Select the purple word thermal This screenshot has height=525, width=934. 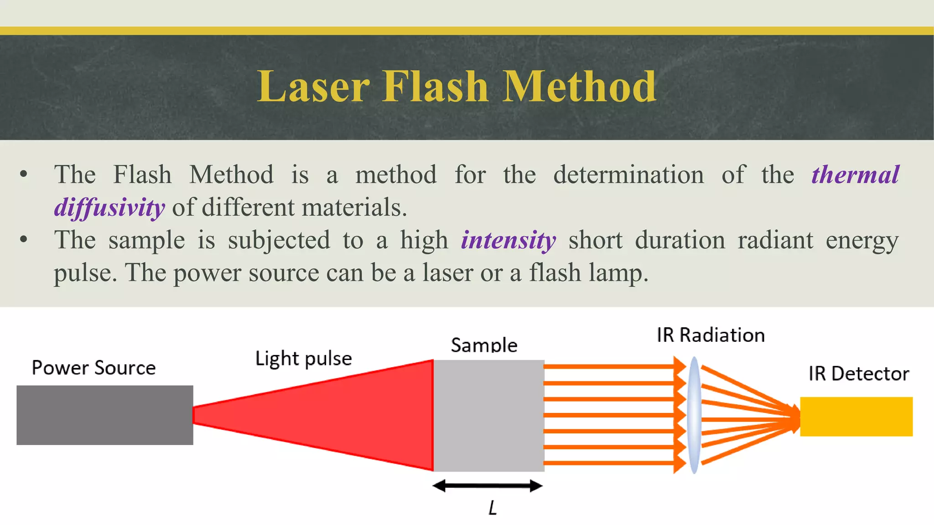[x=855, y=175]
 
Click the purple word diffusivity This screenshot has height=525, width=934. [x=109, y=208]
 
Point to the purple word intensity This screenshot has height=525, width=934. [x=508, y=240]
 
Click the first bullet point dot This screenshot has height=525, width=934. [x=24, y=175]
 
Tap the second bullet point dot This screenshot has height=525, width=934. [x=24, y=240]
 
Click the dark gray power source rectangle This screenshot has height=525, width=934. [x=105, y=415]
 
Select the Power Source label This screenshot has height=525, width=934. [x=93, y=368]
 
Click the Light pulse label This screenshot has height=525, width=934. [x=303, y=359]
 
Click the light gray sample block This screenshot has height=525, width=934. [x=488, y=415]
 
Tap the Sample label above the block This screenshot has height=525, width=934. [x=484, y=345]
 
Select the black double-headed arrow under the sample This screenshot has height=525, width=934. [x=488, y=486]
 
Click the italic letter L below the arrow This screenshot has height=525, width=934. [x=493, y=508]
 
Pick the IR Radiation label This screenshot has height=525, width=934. [x=711, y=335]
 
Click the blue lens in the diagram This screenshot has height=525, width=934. [x=694, y=415]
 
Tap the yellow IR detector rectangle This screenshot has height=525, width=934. [x=856, y=417]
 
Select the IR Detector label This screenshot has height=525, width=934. [x=858, y=374]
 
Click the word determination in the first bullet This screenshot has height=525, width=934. [x=628, y=175]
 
